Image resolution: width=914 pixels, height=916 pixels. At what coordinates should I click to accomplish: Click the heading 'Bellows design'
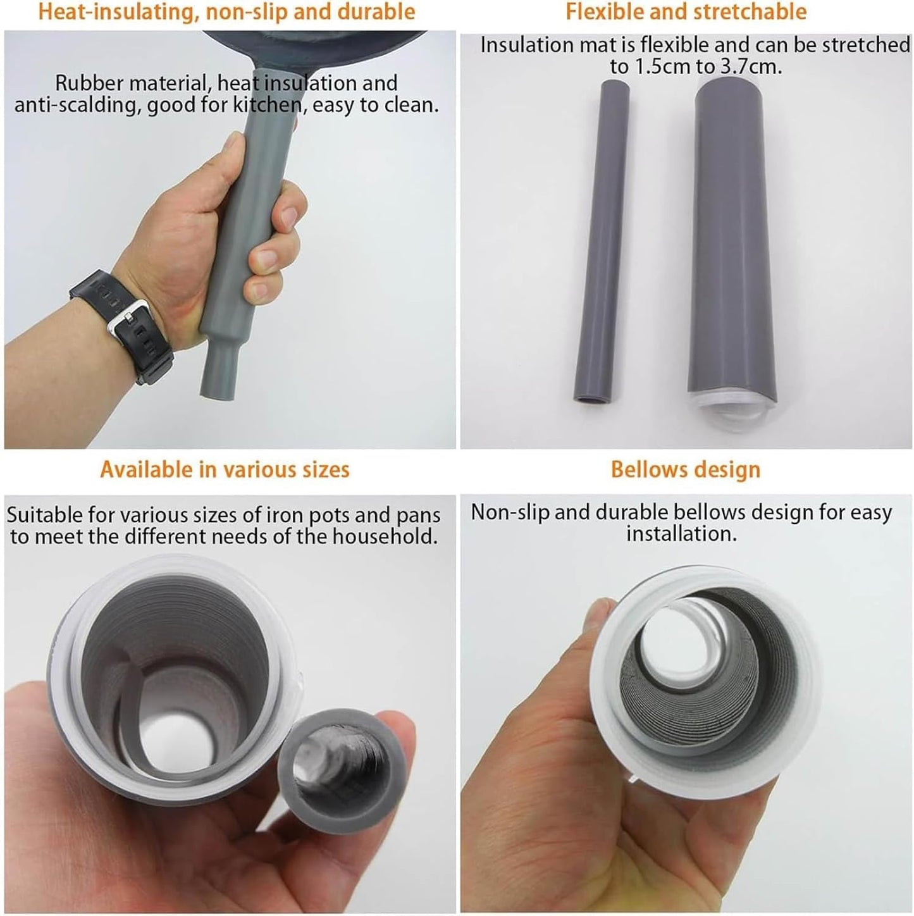point(685,469)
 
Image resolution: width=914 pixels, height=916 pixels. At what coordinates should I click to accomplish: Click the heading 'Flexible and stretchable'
point(686,11)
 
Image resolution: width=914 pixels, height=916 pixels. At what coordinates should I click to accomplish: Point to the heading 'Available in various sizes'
point(225,469)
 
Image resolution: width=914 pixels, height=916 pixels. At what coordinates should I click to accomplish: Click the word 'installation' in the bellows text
point(681,534)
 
